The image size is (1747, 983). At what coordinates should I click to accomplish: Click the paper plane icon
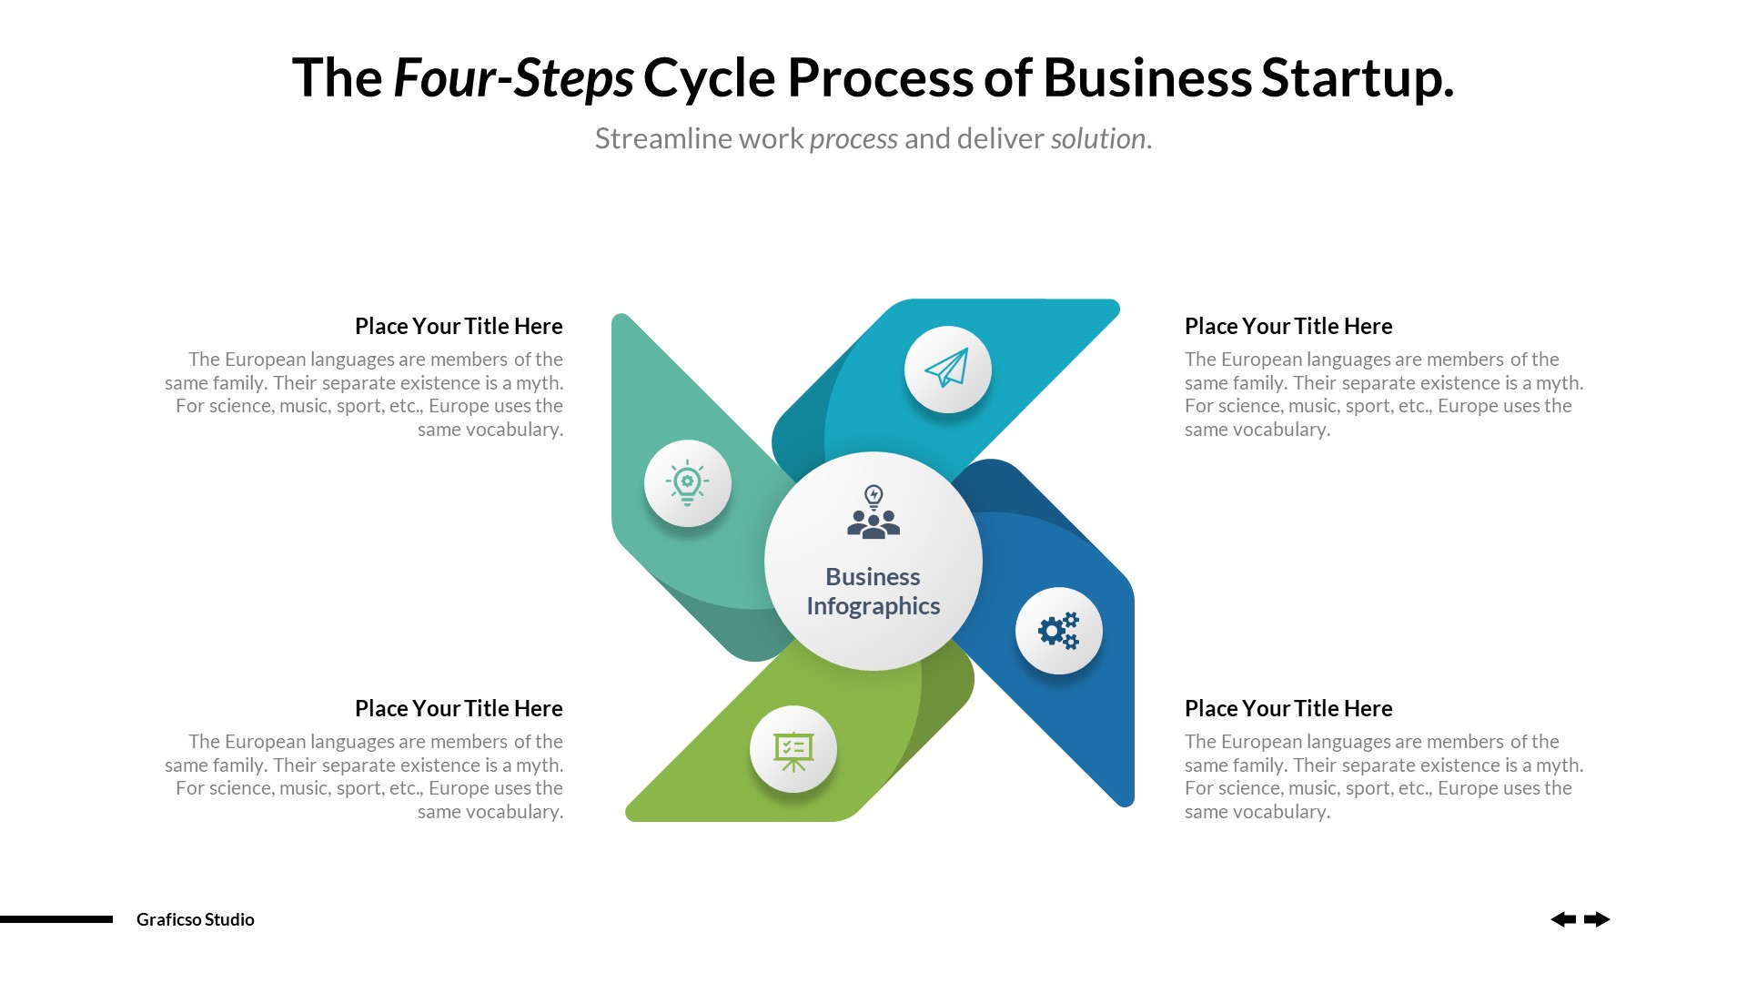point(947,369)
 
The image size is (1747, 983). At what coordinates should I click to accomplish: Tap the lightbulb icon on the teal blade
point(687,482)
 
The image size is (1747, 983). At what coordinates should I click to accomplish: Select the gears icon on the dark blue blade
point(1058,630)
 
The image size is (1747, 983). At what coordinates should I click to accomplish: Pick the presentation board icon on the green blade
point(793,750)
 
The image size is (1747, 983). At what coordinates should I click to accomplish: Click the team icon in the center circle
point(873,512)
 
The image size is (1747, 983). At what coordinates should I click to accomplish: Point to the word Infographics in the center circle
point(873,606)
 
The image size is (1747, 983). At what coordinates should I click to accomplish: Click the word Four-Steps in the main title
point(513,78)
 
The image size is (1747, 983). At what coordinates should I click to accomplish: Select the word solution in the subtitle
point(1097,138)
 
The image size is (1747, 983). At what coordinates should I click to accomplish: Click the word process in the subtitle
point(853,138)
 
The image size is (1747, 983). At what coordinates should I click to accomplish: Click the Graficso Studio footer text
point(196,919)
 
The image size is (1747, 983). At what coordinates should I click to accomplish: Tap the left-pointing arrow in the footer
point(1563,919)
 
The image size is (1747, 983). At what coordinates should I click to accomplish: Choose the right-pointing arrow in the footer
point(1597,919)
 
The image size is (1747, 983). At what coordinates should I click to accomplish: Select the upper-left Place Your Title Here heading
point(459,326)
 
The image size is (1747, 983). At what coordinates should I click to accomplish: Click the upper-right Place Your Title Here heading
point(1288,326)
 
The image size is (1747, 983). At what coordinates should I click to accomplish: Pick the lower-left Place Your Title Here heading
point(459,708)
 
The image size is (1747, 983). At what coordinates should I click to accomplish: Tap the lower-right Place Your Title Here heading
point(1288,708)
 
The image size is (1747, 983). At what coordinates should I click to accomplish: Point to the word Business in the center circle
point(873,577)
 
